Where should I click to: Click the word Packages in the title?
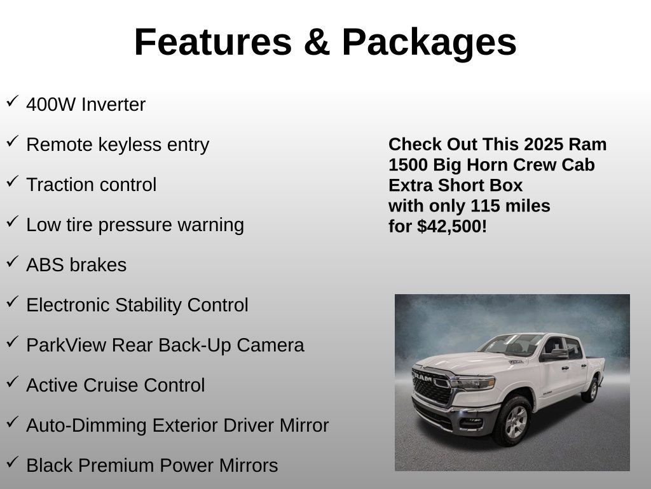429,43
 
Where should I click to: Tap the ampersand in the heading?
316,43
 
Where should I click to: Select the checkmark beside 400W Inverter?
12,101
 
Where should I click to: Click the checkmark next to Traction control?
12,181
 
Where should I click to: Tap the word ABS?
44,266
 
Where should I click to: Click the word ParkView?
67,346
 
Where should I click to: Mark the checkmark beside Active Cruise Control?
12,382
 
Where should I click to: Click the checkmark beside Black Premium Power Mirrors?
12,462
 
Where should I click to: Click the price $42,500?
452,227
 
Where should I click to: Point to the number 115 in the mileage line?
485,206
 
